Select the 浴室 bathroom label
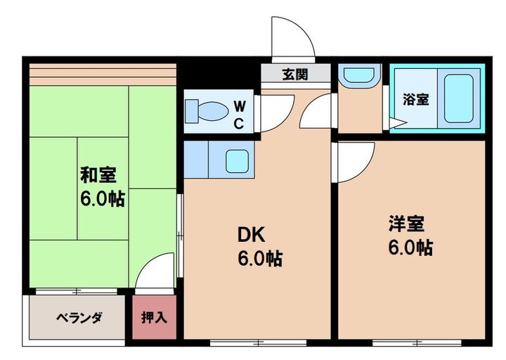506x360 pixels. (415, 99)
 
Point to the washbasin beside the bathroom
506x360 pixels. (358, 75)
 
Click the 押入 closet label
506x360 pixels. (155, 317)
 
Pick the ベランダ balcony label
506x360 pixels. (79, 317)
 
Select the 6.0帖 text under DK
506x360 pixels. (259, 259)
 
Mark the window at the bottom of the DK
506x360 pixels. (258, 342)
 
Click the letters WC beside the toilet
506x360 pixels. (240, 115)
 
